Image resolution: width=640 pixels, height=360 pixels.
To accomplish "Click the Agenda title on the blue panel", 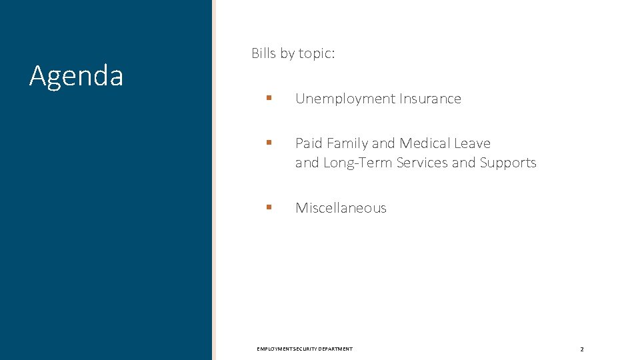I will (76, 76).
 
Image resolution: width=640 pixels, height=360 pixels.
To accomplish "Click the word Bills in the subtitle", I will (264, 53).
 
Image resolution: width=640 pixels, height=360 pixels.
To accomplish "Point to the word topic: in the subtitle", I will (316, 53).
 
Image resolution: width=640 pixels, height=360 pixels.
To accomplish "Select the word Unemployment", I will (345, 99).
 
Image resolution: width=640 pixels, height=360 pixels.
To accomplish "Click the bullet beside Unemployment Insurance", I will (269, 98).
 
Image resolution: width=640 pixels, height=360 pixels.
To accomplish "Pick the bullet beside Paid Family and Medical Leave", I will (269, 143).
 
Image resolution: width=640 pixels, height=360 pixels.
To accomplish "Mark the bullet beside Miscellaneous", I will (269, 207).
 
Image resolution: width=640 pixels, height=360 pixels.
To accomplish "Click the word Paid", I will (309, 143).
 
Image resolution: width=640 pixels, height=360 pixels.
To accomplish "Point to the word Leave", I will (473, 143).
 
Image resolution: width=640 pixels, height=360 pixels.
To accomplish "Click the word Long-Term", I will (358, 163).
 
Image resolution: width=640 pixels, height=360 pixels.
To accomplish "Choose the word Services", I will (422, 163).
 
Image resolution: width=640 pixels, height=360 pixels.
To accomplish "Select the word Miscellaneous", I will (341, 208).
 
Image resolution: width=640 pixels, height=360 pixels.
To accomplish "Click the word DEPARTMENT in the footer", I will (335, 349).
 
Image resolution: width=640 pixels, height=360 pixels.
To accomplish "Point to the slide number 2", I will (581, 349).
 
